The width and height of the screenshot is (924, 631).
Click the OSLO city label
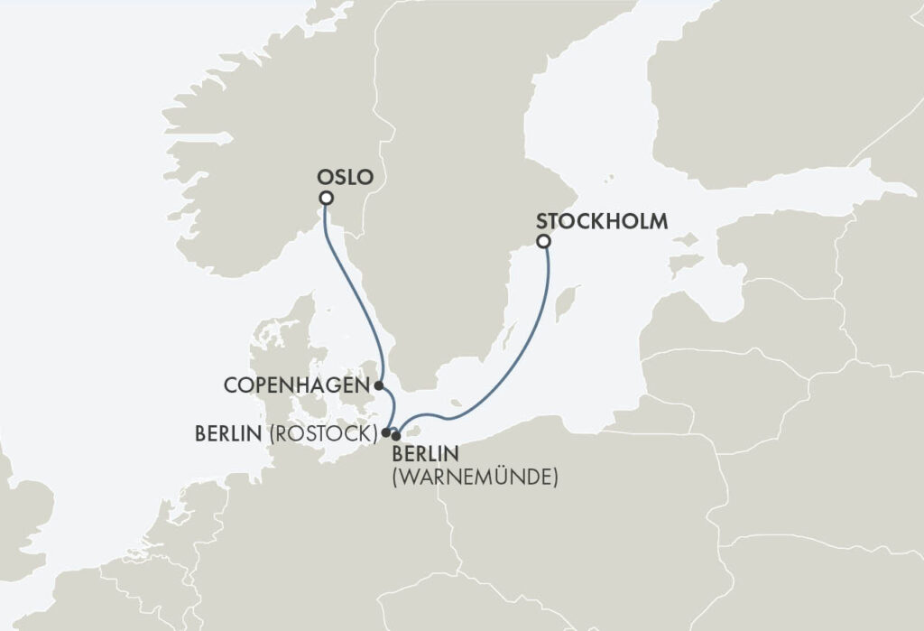[345, 177]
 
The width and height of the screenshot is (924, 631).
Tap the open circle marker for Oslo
[326, 199]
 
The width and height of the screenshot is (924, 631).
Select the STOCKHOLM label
[602, 220]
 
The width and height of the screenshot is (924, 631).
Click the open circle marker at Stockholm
[543, 242]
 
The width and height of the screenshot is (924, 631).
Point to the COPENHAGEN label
[296, 385]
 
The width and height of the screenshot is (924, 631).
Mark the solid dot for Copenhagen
[379, 385]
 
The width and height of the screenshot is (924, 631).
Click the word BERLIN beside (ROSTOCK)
[227, 434]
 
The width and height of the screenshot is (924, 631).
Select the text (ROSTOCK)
[322, 434]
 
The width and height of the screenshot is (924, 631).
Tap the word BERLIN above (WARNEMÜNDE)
[424, 453]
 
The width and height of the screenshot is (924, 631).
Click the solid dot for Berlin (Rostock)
[386, 432]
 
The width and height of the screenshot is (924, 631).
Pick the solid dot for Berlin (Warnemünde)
[396, 436]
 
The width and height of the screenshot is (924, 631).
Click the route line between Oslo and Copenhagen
[357, 298]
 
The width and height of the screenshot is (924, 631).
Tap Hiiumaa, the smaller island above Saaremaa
[688, 240]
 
